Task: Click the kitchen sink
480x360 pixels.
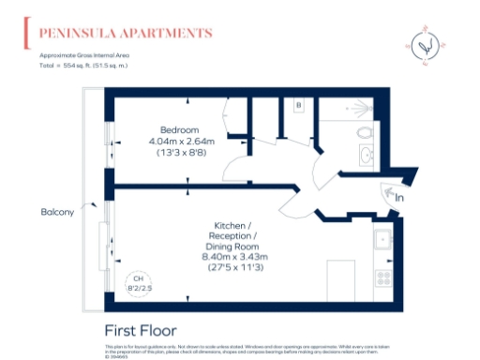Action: (x=382, y=240)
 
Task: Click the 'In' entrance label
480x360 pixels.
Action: (x=399, y=198)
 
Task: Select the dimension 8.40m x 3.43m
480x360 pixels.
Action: (x=235, y=256)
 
